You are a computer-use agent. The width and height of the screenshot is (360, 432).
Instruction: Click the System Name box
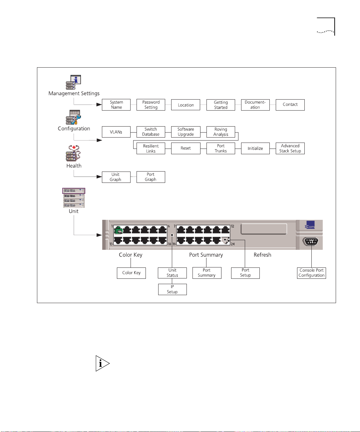116,105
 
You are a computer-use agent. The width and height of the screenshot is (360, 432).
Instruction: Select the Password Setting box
151,105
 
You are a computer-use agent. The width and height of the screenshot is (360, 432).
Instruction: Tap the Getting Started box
221,105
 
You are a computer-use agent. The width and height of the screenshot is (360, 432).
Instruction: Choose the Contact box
290,105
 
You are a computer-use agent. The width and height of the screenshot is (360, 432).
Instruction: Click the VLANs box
116,132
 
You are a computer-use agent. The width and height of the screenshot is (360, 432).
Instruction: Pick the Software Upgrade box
186,132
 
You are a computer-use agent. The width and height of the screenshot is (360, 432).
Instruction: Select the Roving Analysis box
221,132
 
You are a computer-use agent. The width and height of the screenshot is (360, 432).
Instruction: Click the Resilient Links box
151,148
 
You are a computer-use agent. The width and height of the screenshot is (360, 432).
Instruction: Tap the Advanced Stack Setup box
290,148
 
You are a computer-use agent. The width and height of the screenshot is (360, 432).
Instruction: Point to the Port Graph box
151,177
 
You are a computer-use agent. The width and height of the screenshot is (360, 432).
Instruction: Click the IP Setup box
173,289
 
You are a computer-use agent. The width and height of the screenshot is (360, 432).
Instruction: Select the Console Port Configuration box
311,273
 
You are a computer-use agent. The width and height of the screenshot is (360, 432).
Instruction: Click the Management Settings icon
74,82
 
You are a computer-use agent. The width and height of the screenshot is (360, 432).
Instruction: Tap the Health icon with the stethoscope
74,153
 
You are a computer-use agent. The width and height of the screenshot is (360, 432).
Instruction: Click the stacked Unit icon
74,198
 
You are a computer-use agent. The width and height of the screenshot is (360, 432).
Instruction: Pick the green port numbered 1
118,230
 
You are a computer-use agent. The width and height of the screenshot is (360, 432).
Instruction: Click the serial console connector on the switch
311,241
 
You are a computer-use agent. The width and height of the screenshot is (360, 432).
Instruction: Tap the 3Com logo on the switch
310,225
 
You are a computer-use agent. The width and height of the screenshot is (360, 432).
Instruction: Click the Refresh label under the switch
262,255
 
